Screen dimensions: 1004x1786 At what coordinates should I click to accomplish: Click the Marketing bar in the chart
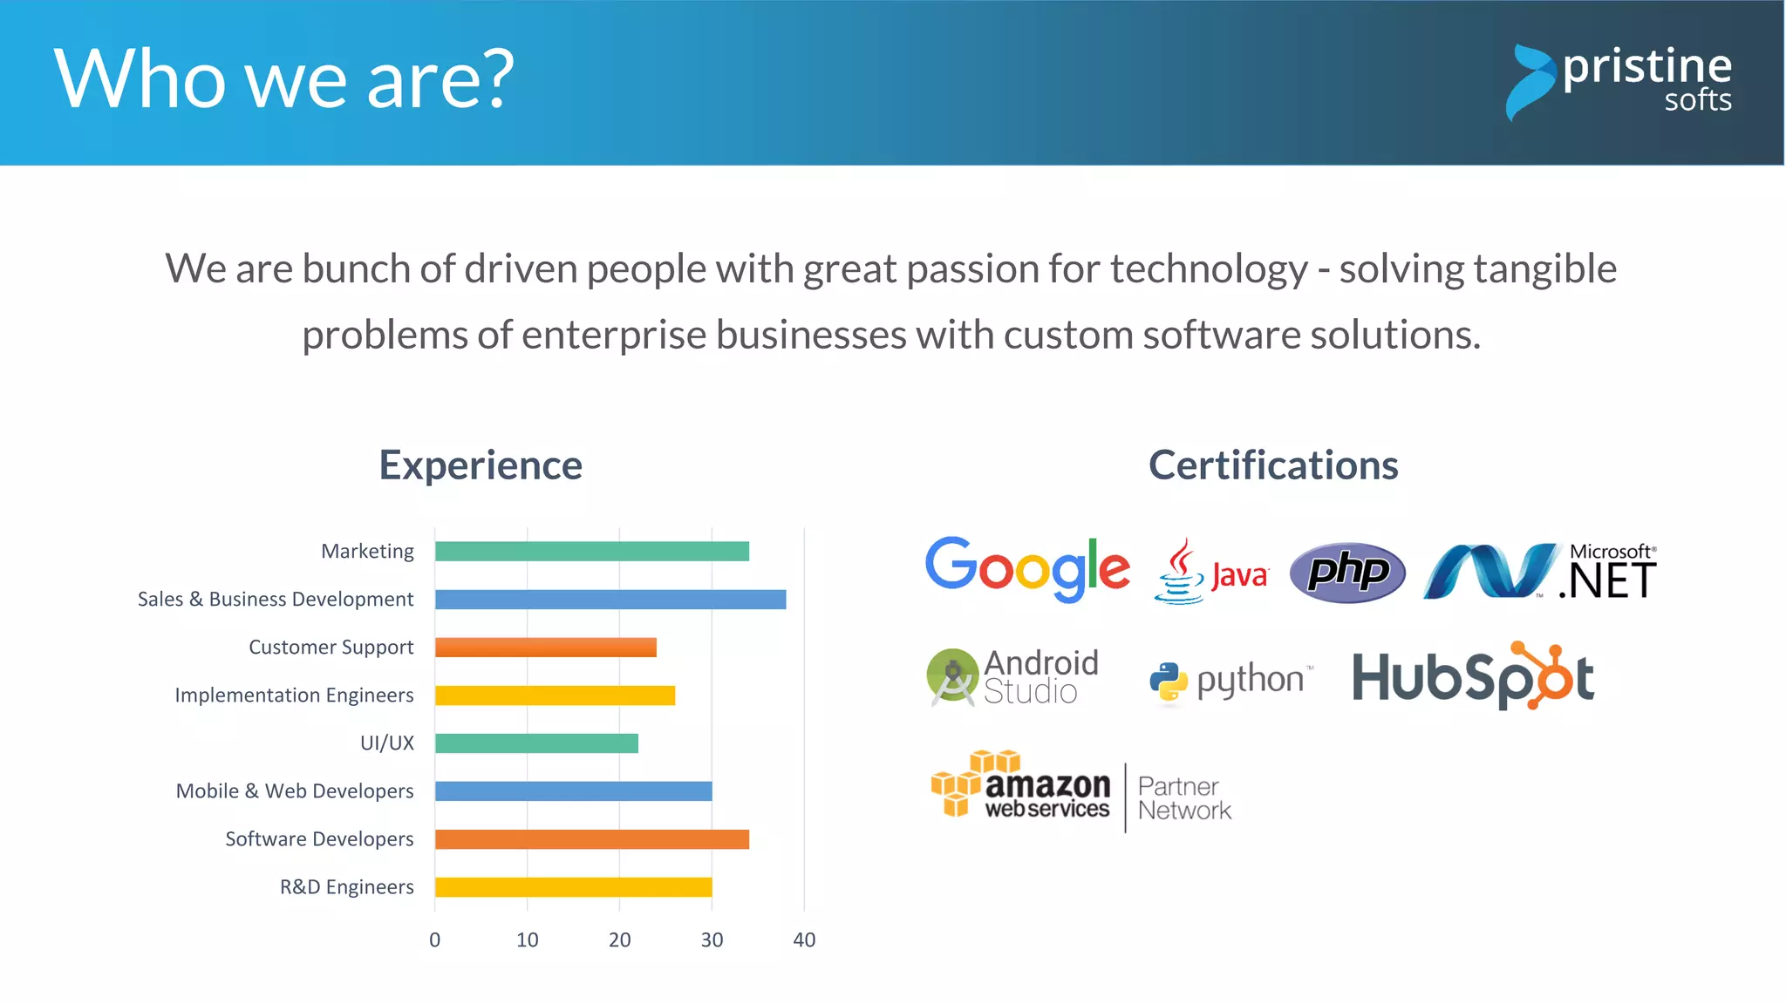tap(591, 551)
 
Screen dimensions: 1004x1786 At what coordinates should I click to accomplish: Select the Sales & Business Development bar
tap(610, 600)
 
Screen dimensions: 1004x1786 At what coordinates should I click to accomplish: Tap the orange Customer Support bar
tap(545, 648)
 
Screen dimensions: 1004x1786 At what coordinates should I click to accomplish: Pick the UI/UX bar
tap(536, 743)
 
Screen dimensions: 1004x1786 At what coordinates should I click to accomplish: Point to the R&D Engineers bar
tap(573, 887)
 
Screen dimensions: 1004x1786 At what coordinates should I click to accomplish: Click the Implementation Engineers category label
tap(294, 695)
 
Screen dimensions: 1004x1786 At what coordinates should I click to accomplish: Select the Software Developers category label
tap(319, 839)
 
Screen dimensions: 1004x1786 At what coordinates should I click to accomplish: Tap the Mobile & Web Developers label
tap(295, 791)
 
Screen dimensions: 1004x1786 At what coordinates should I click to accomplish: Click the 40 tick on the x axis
tap(804, 940)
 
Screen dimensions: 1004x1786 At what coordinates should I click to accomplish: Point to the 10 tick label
tap(527, 940)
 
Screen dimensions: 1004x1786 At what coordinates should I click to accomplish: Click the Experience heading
tap(481, 465)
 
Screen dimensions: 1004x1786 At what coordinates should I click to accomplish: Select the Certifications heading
tap(1273, 465)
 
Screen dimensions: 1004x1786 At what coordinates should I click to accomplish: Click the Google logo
tap(1027, 568)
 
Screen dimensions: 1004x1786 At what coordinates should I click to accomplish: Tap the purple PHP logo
tap(1347, 573)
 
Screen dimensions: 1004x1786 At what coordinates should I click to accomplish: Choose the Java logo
tap(1211, 573)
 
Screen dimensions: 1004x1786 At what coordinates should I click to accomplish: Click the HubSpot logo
tap(1473, 677)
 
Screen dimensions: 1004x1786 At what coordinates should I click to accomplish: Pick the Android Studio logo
tap(1012, 677)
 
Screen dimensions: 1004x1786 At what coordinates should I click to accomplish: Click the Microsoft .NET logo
tap(1540, 572)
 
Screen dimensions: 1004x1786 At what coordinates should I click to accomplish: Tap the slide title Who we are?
tap(284, 79)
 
